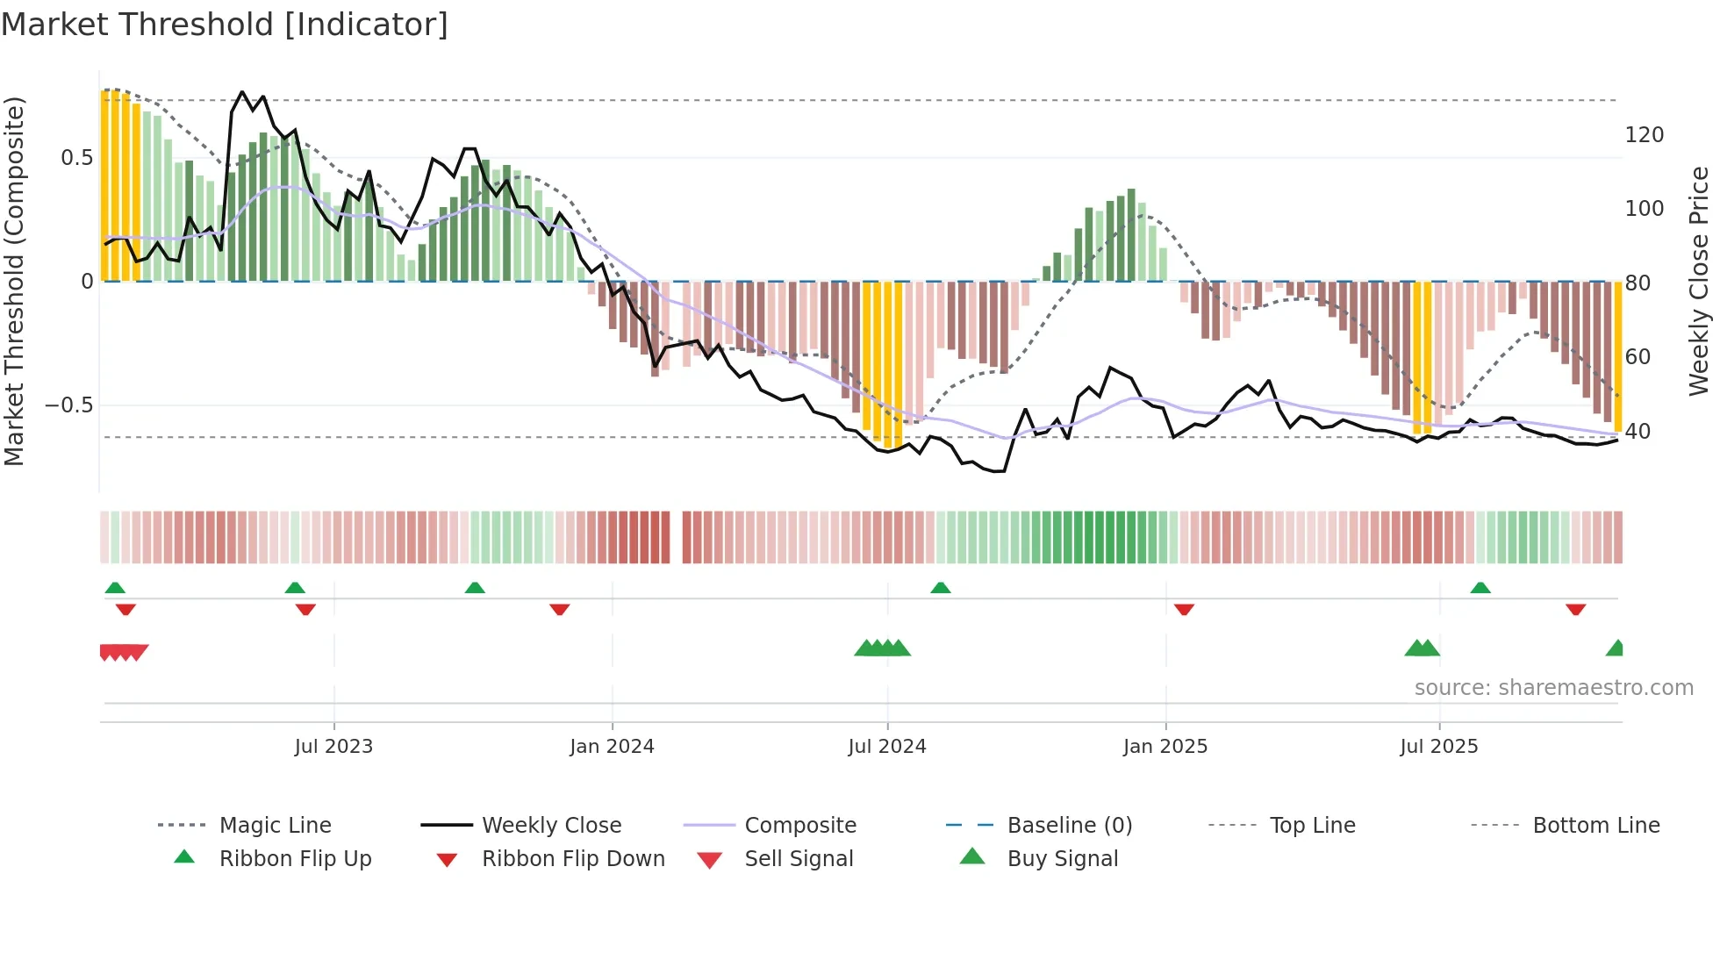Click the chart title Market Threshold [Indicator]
[x=225, y=25]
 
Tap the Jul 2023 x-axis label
[x=333, y=746]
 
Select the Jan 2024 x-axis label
[x=612, y=746]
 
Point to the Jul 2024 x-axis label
[x=887, y=746]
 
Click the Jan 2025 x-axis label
[x=1165, y=746]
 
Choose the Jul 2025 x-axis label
[x=1439, y=746]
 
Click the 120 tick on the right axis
[x=1645, y=135]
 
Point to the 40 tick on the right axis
[x=1638, y=432]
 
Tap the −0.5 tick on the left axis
[x=68, y=405]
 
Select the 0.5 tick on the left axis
[x=76, y=158]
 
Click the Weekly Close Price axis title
[x=1699, y=281]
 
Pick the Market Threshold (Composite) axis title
[x=14, y=281]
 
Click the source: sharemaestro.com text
[x=1553, y=687]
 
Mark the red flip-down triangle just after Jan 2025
[x=1184, y=608]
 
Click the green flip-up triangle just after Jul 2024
[x=941, y=587]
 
